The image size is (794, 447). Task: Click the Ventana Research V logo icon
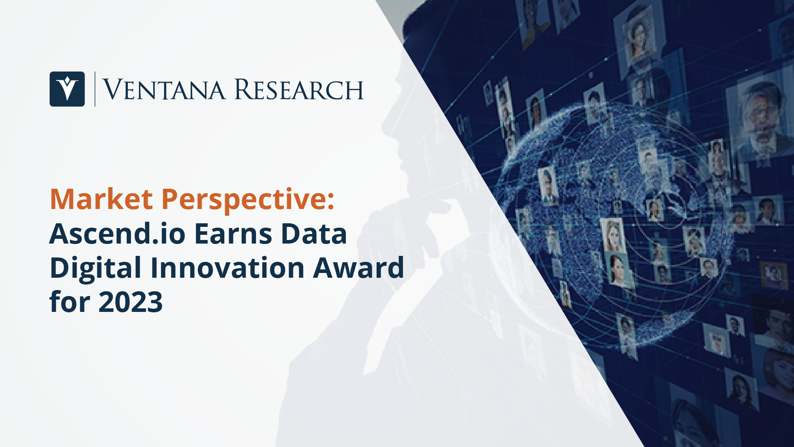[x=67, y=89]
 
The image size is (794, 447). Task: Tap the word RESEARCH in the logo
[x=299, y=89]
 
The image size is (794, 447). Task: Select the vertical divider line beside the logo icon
[x=95, y=89]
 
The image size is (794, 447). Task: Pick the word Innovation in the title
[x=227, y=267]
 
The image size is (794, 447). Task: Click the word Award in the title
[x=358, y=267]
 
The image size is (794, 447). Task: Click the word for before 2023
[x=70, y=302]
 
